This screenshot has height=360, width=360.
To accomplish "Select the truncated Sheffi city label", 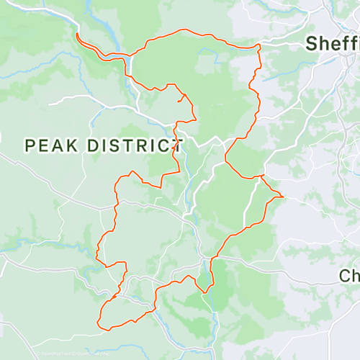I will click(x=332, y=44).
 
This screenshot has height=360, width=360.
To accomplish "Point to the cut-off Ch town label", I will click(x=349, y=276).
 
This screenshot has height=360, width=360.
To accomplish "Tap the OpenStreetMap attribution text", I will click(x=94, y=354).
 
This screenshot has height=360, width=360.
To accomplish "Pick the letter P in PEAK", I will click(x=30, y=145).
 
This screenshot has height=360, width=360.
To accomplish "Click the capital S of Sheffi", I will click(x=311, y=44).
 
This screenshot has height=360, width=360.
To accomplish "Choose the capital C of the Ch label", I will click(x=346, y=276).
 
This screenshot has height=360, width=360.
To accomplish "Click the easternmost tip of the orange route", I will click(x=284, y=197).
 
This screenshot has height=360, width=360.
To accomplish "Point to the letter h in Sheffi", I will click(x=323, y=44).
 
